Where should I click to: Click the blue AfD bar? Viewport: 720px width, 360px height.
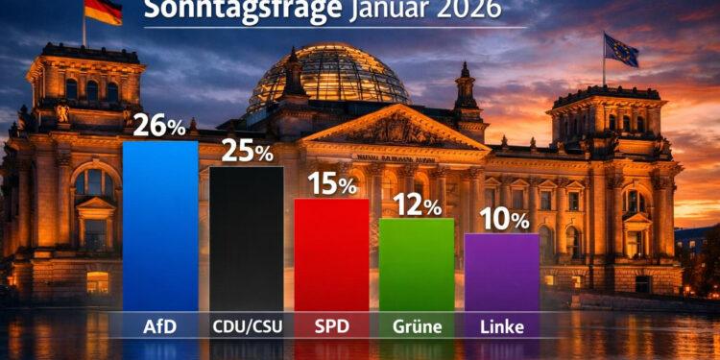pos(160,226)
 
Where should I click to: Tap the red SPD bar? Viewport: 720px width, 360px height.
pos(331,254)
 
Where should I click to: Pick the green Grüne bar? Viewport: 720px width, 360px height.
pos(417,264)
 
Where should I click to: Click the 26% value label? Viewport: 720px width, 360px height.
pos(160,125)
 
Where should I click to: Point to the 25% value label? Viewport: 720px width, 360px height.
pos(247,152)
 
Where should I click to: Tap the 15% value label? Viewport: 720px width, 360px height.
pos(332,183)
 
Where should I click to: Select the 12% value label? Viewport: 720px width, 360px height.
pos(417,204)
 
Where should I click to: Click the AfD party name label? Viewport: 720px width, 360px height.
pos(160,326)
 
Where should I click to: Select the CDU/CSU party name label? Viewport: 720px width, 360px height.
pos(247,326)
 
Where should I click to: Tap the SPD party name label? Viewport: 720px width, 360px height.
pos(331,326)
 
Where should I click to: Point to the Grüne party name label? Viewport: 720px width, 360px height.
pos(417,326)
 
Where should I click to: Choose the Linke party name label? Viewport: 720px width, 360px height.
pos(502,326)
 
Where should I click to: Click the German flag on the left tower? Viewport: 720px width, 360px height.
pos(102,12)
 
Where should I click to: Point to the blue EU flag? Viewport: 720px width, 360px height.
pos(621,50)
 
